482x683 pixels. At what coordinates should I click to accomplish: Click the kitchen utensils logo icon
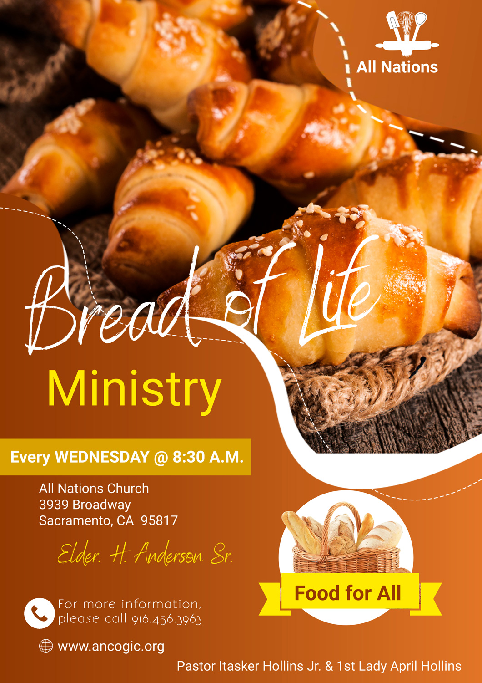click(x=407, y=34)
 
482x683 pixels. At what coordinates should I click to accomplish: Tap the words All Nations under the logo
click(x=397, y=67)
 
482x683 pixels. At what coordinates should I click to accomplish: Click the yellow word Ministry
click(x=134, y=391)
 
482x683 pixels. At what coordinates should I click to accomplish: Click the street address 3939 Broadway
click(x=85, y=505)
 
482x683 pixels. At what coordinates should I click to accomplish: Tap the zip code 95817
click(x=159, y=520)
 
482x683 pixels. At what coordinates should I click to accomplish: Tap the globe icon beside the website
click(x=46, y=646)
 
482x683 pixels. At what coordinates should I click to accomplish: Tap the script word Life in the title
click(x=338, y=293)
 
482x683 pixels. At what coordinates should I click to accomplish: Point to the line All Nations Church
click(x=94, y=489)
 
